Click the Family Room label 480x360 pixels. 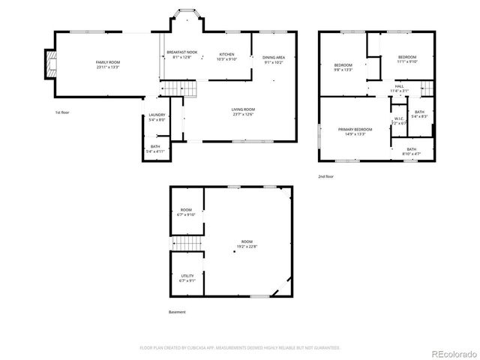pyautogui.click(x=107, y=64)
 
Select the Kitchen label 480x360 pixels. pyautogui.click(x=227, y=56)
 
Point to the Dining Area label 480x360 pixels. pyautogui.click(x=273, y=60)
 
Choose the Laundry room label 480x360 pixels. pyautogui.click(x=157, y=117)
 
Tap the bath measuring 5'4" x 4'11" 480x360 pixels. pyautogui.click(x=155, y=148)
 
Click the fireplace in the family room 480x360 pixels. pyautogui.click(x=49, y=64)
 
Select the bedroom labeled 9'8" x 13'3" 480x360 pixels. pyautogui.click(x=343, y=67)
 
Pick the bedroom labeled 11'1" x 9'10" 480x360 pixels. pyautogui.click(x=406, y=60)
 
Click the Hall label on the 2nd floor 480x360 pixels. pyautogui.click(x=399, y=88)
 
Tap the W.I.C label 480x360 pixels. pyautogui.click(x=399, y=121)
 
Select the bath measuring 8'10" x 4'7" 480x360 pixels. pyautogui.click(x=411, y=151)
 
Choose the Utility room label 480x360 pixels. pyautogui.click(x=187, y=278)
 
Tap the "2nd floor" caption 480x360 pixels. pyautogui.click(x=326, y=176)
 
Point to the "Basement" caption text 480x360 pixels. pyautogui.click(x=177, y=312)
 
